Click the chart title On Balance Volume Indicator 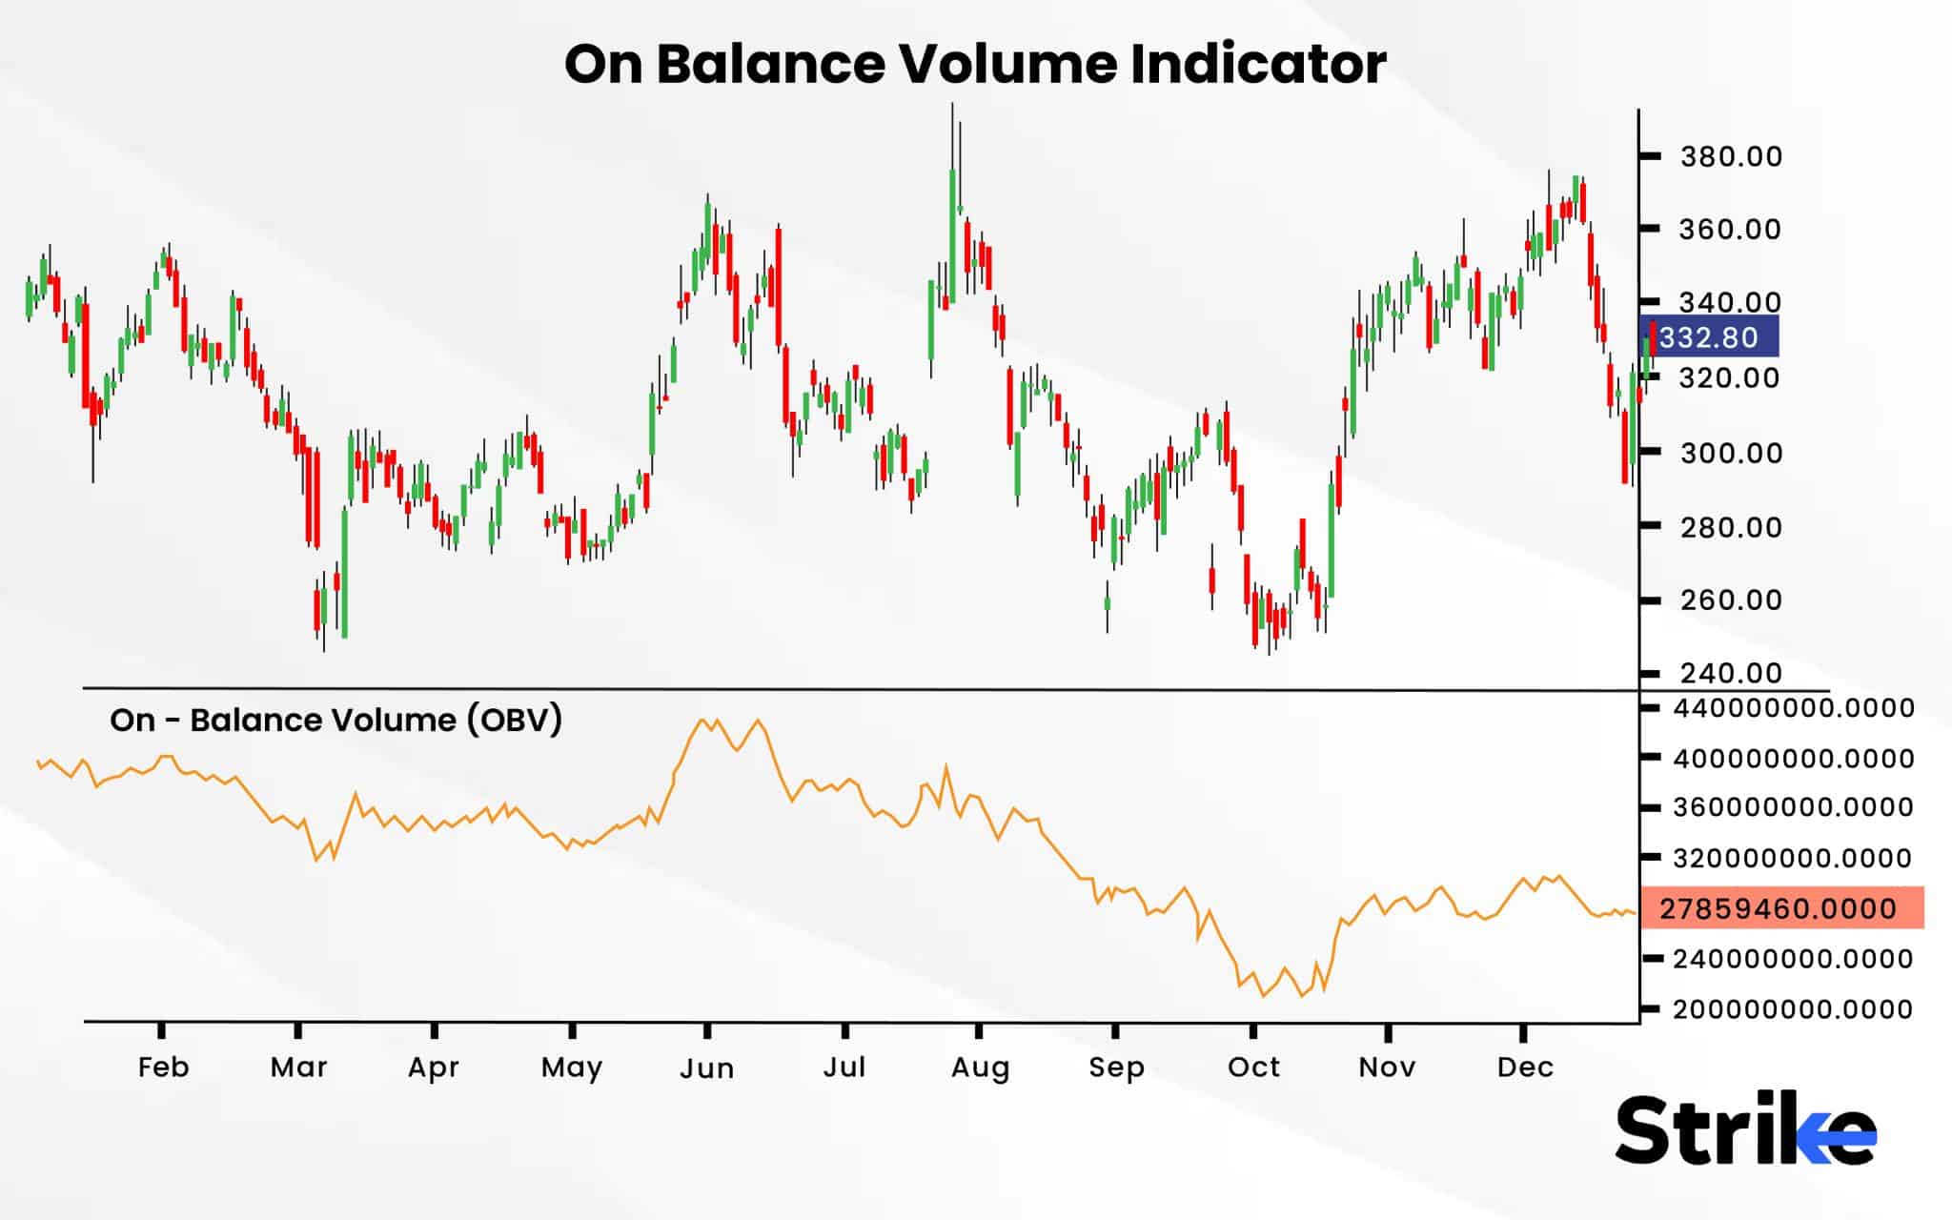(975, 65)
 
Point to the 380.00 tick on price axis (1731, 156)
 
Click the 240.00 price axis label (1731, 674)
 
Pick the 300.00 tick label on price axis (1731, 453)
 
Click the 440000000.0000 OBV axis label (1793, 708)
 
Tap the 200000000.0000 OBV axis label (1793, 1008)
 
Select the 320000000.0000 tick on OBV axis (1793, 858)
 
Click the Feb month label (163, 1067)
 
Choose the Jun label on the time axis (706, 1068)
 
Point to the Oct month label (1253, 1067)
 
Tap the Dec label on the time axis (1525, 1067)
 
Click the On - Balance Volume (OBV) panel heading (335, 720)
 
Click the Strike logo (1745, 1130)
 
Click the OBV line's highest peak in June (702, 721)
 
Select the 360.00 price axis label (1731, 230)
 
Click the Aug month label (980, 1067)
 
